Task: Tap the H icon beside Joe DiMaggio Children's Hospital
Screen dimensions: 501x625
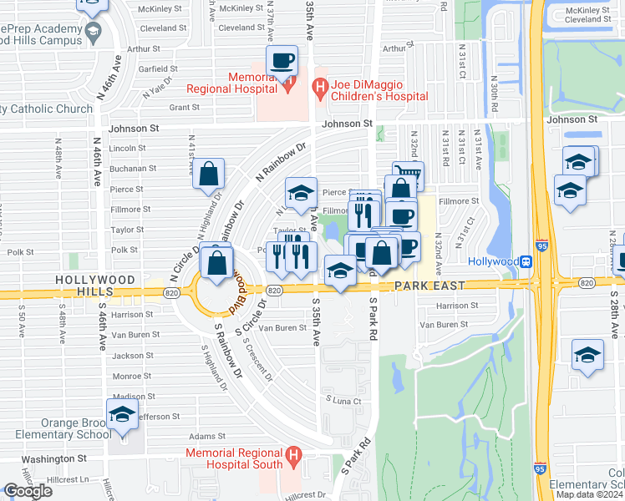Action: click(x=319, y=85)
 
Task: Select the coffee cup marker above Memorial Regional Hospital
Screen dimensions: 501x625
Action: click(x=282, y=60)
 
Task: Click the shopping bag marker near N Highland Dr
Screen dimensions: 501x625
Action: click(x=209, y=175)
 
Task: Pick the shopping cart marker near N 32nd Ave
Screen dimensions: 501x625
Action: click(x=408, y=175)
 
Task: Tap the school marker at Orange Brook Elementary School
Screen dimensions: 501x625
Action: click(x=121, y=414)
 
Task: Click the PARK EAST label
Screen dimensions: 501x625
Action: click(x=429, y=286)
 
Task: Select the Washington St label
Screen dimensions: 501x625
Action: click(x=54, y=458)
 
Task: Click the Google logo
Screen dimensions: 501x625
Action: click(x=28, y=491)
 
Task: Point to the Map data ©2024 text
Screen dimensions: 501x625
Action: click(x=589, y=494)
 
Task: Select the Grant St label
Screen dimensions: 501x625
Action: click(x=184, y=107)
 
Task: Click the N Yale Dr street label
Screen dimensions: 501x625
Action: click(x=156, y=89)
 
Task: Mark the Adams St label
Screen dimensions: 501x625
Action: click(x=201, y=436)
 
